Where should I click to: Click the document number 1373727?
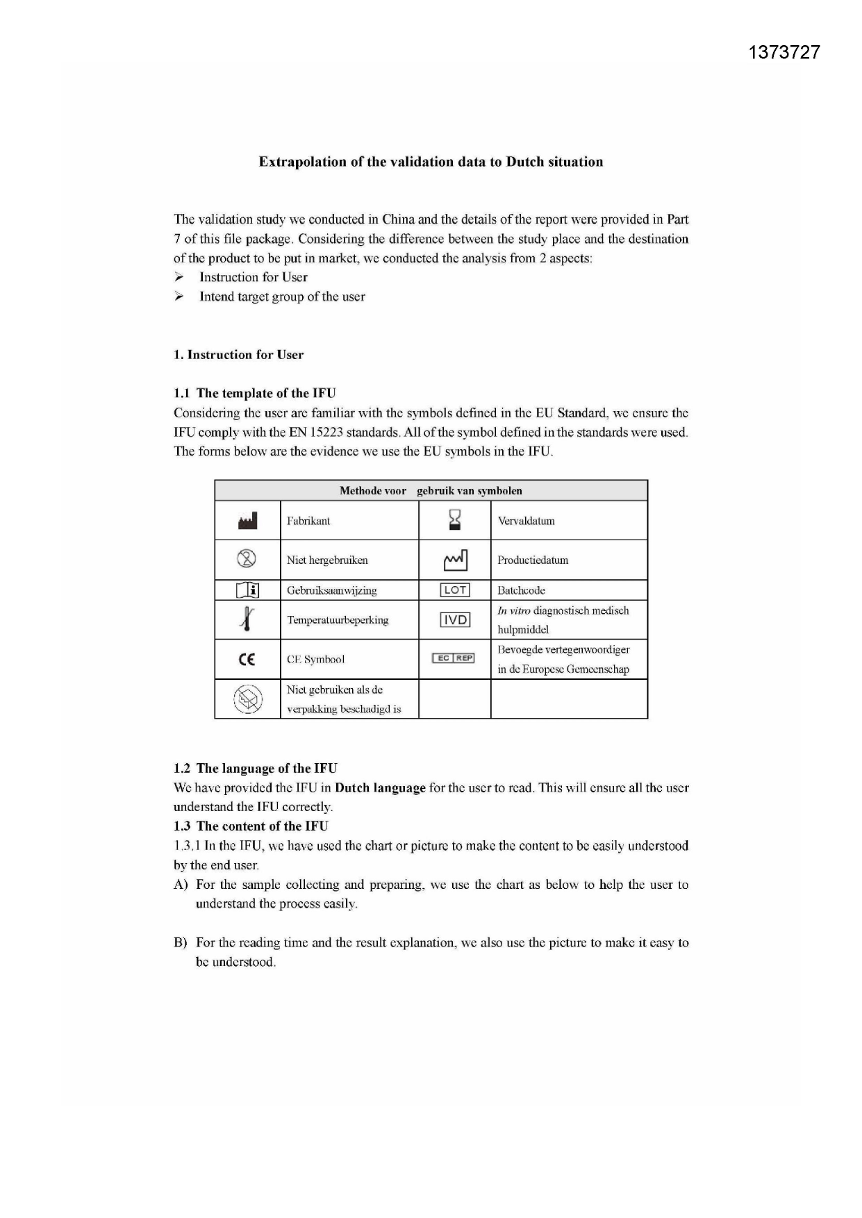click(784, 53)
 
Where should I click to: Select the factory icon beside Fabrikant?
click(247, 521)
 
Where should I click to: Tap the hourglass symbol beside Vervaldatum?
click(455, 519)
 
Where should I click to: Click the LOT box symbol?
click(455, 590)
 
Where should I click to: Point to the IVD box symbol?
click(455, 619)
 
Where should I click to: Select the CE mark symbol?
click(247, 660)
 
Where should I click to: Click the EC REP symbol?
click(454, 658)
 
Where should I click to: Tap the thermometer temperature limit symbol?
click(247, 618)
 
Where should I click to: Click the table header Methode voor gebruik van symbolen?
click(431, 491)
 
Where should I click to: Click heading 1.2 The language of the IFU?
click(256, 768)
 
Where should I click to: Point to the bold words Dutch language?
click(380, 788)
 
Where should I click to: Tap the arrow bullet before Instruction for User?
click(179, 277)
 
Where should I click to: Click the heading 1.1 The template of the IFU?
click(255, 393)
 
